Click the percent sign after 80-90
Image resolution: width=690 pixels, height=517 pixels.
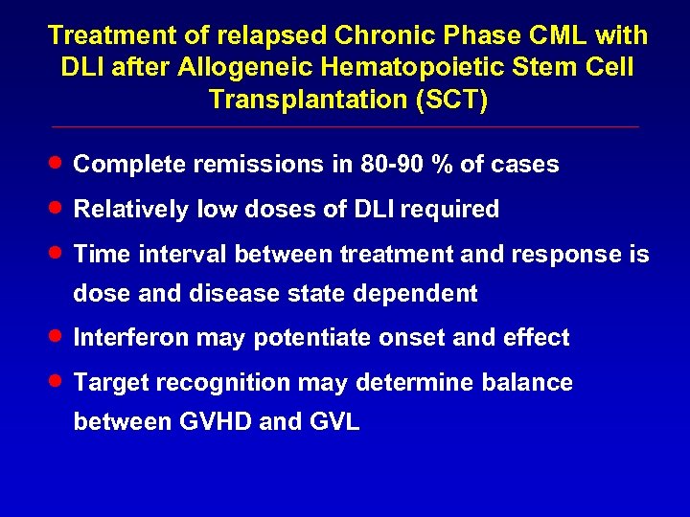pyautogui.click(x=442, y=165)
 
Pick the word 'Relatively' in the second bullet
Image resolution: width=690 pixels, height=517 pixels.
pyautogui.click(x=131, y=209)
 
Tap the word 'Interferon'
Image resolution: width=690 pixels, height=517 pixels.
pyautogui.click(x=131, y=338)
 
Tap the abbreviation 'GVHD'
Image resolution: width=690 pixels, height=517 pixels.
pyautogui.click(x=217, y=422)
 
